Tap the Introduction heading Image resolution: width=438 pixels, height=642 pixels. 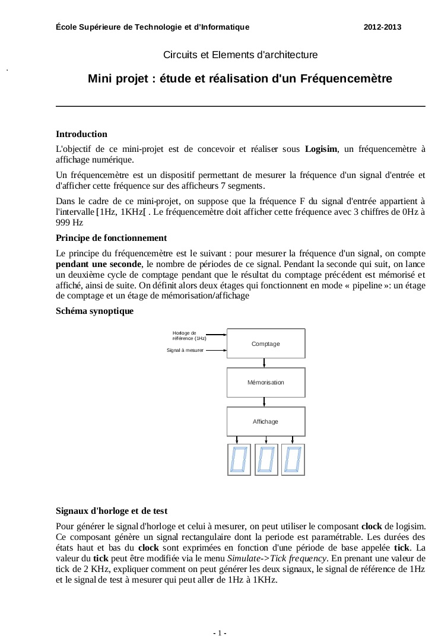(x=81, y=134)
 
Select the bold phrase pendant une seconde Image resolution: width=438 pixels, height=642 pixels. (x=97, y=264)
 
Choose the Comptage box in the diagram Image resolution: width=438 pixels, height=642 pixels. (x=266, y=344)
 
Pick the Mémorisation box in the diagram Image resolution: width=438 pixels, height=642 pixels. (x=266, y=383)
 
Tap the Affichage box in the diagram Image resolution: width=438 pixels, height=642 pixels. (x=266, y=421)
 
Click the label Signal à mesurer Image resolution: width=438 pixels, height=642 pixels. (x=186, y=351)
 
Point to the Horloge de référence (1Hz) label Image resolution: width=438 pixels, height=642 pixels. (x=189, y=335)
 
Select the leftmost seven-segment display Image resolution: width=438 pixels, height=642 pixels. (x=239, y=460)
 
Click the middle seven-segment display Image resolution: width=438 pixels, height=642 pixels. (x=266, y=460)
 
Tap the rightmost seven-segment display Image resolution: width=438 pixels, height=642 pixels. (x=293, y=460)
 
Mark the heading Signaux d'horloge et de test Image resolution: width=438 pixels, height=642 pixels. (x=112, y=510)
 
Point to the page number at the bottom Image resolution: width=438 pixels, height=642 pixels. (x=219, y=634)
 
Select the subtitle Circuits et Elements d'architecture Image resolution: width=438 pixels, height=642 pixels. (x=240, y=55)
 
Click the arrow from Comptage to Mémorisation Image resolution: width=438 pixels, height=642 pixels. (x=266, y=363)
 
